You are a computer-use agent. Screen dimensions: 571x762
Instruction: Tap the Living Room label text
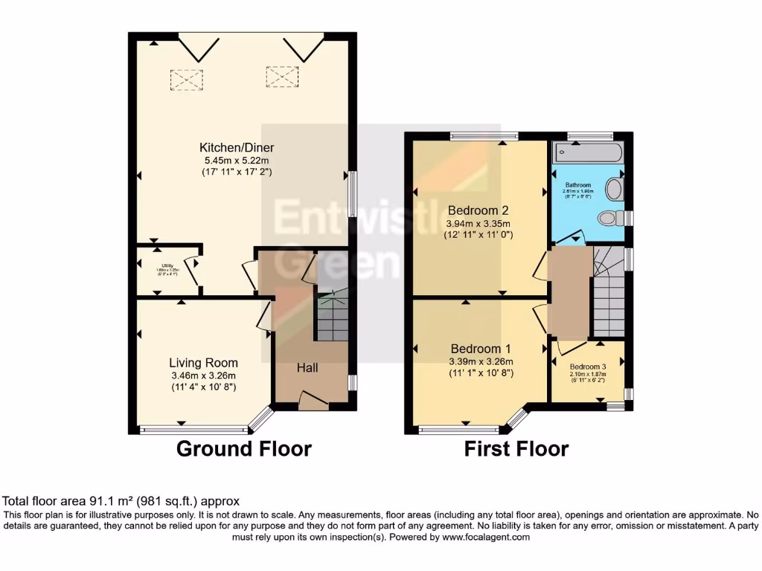[203, 363]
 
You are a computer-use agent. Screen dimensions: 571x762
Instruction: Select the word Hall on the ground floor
[308, 368]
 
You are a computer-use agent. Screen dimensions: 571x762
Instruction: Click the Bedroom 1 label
[480, 349]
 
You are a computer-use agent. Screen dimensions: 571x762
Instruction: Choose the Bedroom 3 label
[588, 367]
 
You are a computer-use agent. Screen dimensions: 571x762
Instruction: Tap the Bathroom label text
[577, 185]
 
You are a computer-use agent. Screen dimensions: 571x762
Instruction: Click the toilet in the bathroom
[609, 218]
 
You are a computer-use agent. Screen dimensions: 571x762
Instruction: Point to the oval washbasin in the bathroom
[614, 189]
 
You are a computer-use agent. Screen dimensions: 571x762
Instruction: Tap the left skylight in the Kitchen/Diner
[186, 80]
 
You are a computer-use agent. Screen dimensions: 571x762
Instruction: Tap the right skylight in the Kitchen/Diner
[281, 77]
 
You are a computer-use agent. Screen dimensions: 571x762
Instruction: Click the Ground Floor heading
[243, 449]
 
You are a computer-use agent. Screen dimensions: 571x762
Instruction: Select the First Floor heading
[516, 449]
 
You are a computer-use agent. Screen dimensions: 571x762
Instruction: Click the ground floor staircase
[333, 316]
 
